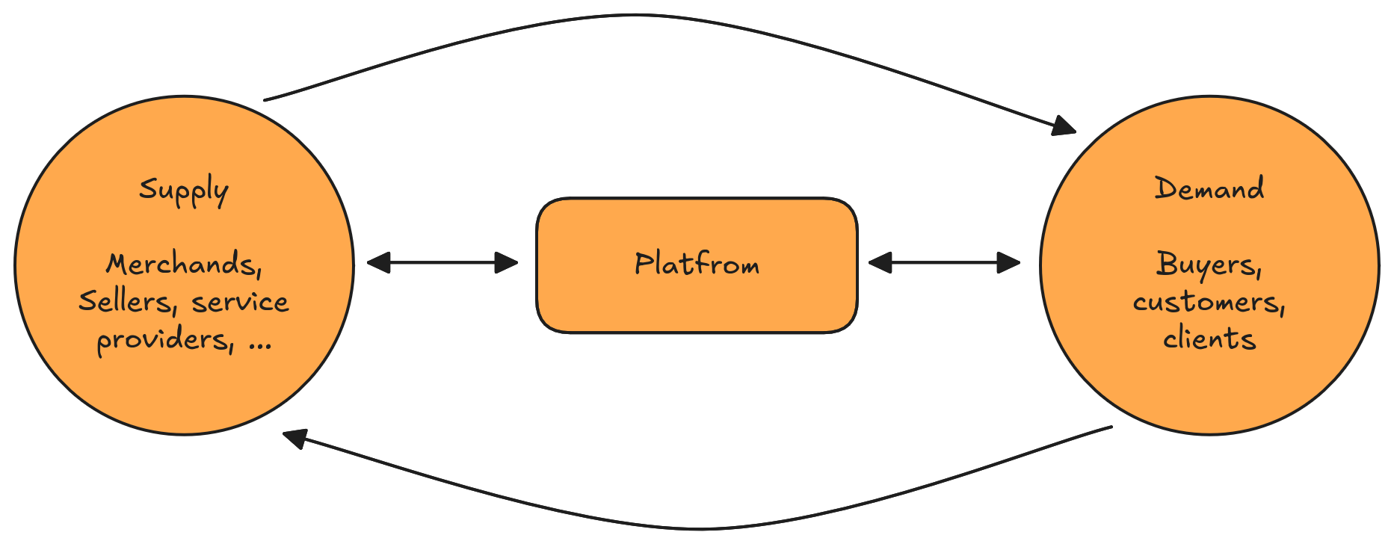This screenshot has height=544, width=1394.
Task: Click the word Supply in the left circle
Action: click(x=183, y=191)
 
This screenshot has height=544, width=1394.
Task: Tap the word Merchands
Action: click(x=183, y=264)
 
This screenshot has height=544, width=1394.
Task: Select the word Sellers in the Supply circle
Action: click(x=125, y=301)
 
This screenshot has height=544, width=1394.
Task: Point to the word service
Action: click(x=240, y=302)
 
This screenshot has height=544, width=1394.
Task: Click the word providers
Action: click(x=164, y=341)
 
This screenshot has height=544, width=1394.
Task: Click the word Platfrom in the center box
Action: click(x=697, y=264)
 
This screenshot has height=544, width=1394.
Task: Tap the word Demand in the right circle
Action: click(x=1209, y=188)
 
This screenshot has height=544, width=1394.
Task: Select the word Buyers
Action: click(x=1208, y=265)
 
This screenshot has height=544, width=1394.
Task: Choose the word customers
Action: click(x=1208, y=302)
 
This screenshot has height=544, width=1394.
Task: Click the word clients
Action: click(x=1209, y=339)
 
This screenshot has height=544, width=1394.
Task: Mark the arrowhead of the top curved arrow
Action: click(x=1065, y=126)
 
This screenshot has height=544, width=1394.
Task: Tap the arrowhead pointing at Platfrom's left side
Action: click(x=508, y=262)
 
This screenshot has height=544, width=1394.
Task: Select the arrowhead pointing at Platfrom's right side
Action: click(x=879, y=262)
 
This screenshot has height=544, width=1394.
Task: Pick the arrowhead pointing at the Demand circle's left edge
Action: click(x=1010, y=262)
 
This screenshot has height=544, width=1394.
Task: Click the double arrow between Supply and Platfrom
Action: click(x=442, y=262)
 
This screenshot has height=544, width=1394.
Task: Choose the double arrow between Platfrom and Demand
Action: click(x=944, y=262)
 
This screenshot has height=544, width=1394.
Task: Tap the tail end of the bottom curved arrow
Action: click(x=1111, y=427)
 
